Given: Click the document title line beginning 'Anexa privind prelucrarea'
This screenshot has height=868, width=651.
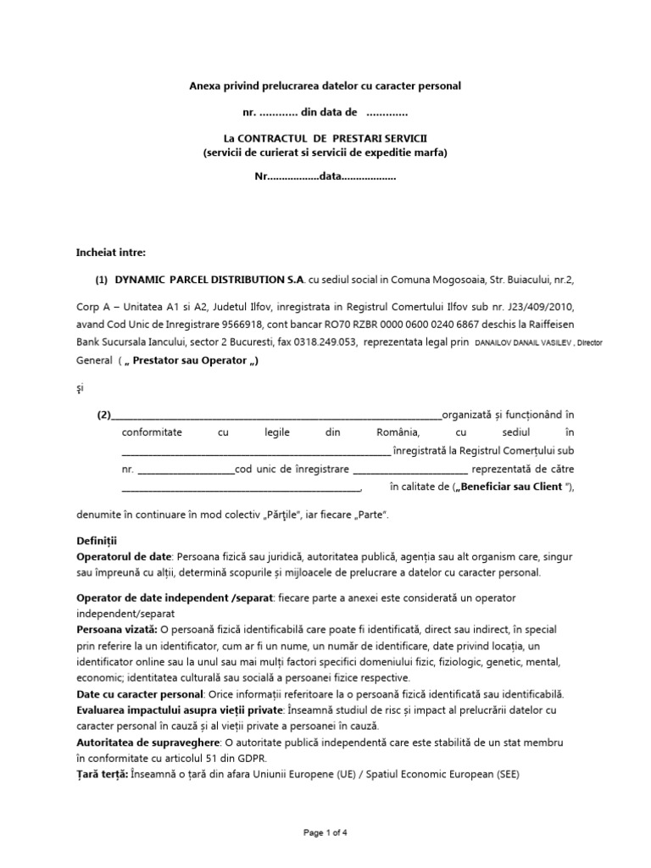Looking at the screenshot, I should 325,86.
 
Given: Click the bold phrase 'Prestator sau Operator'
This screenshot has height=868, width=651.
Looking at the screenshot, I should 192,360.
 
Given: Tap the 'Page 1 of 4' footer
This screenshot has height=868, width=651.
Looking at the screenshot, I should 325,833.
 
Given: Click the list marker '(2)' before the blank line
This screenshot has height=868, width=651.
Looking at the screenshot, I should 103,415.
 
